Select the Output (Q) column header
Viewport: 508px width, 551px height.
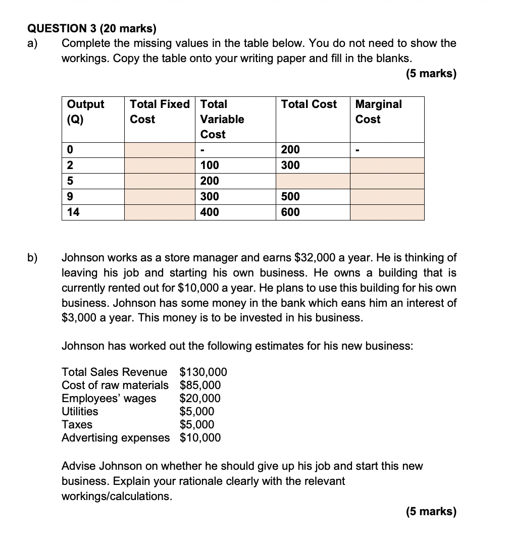click(85, 112)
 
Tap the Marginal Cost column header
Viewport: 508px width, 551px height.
click(379, 112)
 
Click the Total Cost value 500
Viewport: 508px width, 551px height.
click(290, 197)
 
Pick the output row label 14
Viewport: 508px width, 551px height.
click(73, 212)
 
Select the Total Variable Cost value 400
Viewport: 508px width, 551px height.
click(210, 212)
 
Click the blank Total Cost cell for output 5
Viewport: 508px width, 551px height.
click(313, 181)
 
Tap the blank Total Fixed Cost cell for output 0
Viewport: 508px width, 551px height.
click(160, 150)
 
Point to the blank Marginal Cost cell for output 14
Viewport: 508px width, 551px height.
click(387, 212)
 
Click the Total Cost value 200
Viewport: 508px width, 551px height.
click(290, 150)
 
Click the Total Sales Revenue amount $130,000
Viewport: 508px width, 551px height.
click(203, 372)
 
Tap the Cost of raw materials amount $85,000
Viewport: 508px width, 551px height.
click(200, 385)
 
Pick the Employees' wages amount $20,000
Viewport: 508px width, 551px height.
click(200, 399)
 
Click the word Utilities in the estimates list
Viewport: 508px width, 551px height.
click(80, 411)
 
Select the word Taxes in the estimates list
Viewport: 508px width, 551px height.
click(77, 424)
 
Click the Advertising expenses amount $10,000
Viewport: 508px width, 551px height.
click(200, 437)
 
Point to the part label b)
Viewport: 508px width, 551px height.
click(32, 258)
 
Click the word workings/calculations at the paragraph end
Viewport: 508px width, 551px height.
click(116, 497)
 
